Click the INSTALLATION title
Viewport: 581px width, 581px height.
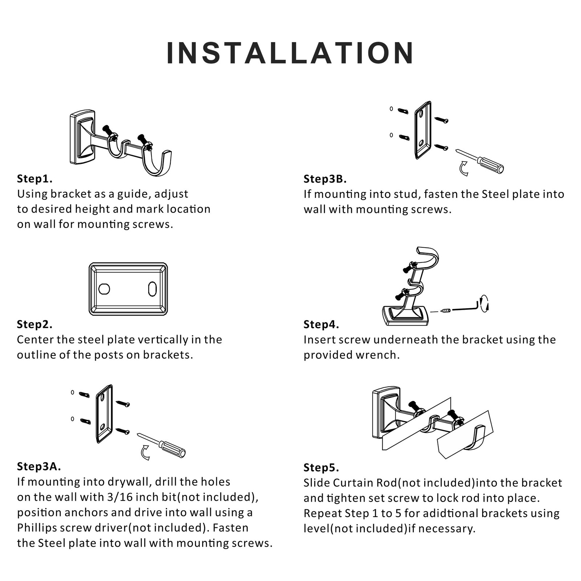coord(290,53)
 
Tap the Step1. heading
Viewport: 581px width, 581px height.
coord(34,179)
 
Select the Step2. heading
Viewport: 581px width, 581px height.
coord(34,324)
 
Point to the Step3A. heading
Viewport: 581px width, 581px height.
coord(39,466)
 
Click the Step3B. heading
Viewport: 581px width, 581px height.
coord(325,179)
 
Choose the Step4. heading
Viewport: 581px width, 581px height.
coord(321,324)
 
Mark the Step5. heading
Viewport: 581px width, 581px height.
coord(321,467)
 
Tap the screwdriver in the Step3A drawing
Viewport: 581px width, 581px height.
coord(161,445)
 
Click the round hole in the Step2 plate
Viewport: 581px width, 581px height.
coord(104,289)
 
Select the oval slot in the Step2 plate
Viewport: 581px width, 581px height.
coord(152,289)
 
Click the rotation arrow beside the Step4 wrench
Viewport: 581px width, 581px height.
coord(484,304)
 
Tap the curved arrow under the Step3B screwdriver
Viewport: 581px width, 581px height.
coord(464,169)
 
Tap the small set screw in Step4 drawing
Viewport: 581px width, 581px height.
coord(446,311)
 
